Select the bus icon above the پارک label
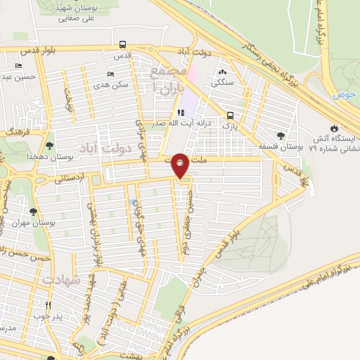230,116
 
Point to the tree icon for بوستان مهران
33,212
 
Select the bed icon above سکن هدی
110,74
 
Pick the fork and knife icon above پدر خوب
49,306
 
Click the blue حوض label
343,94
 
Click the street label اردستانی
68,178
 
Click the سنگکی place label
222,82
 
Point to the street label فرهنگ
15,131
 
